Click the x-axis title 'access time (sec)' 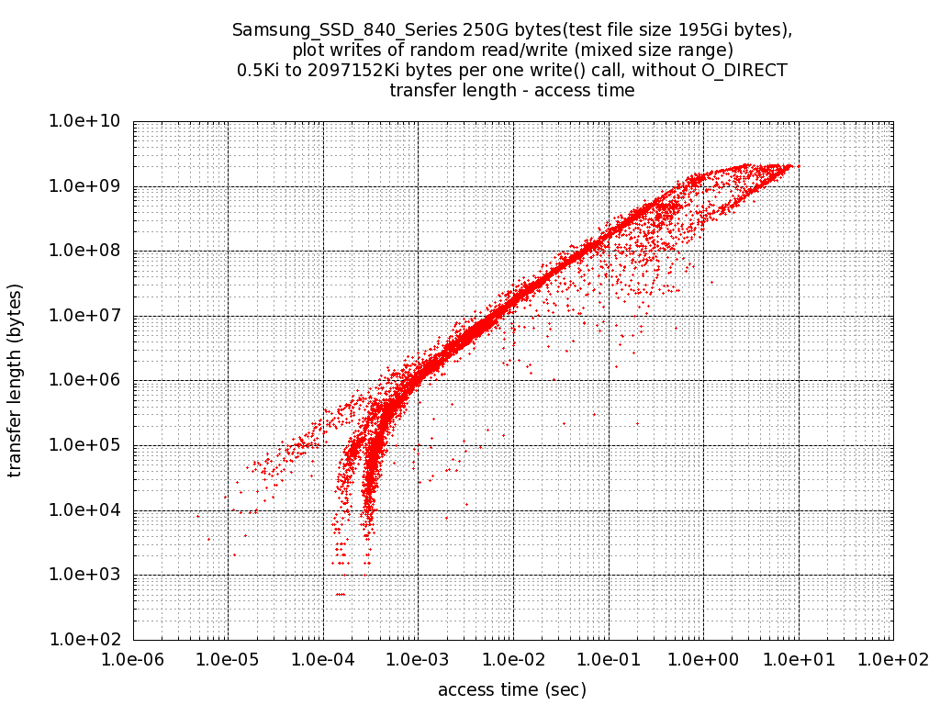click(511, 689)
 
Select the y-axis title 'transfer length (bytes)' click(15, 381)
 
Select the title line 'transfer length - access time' click(511, 90)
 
